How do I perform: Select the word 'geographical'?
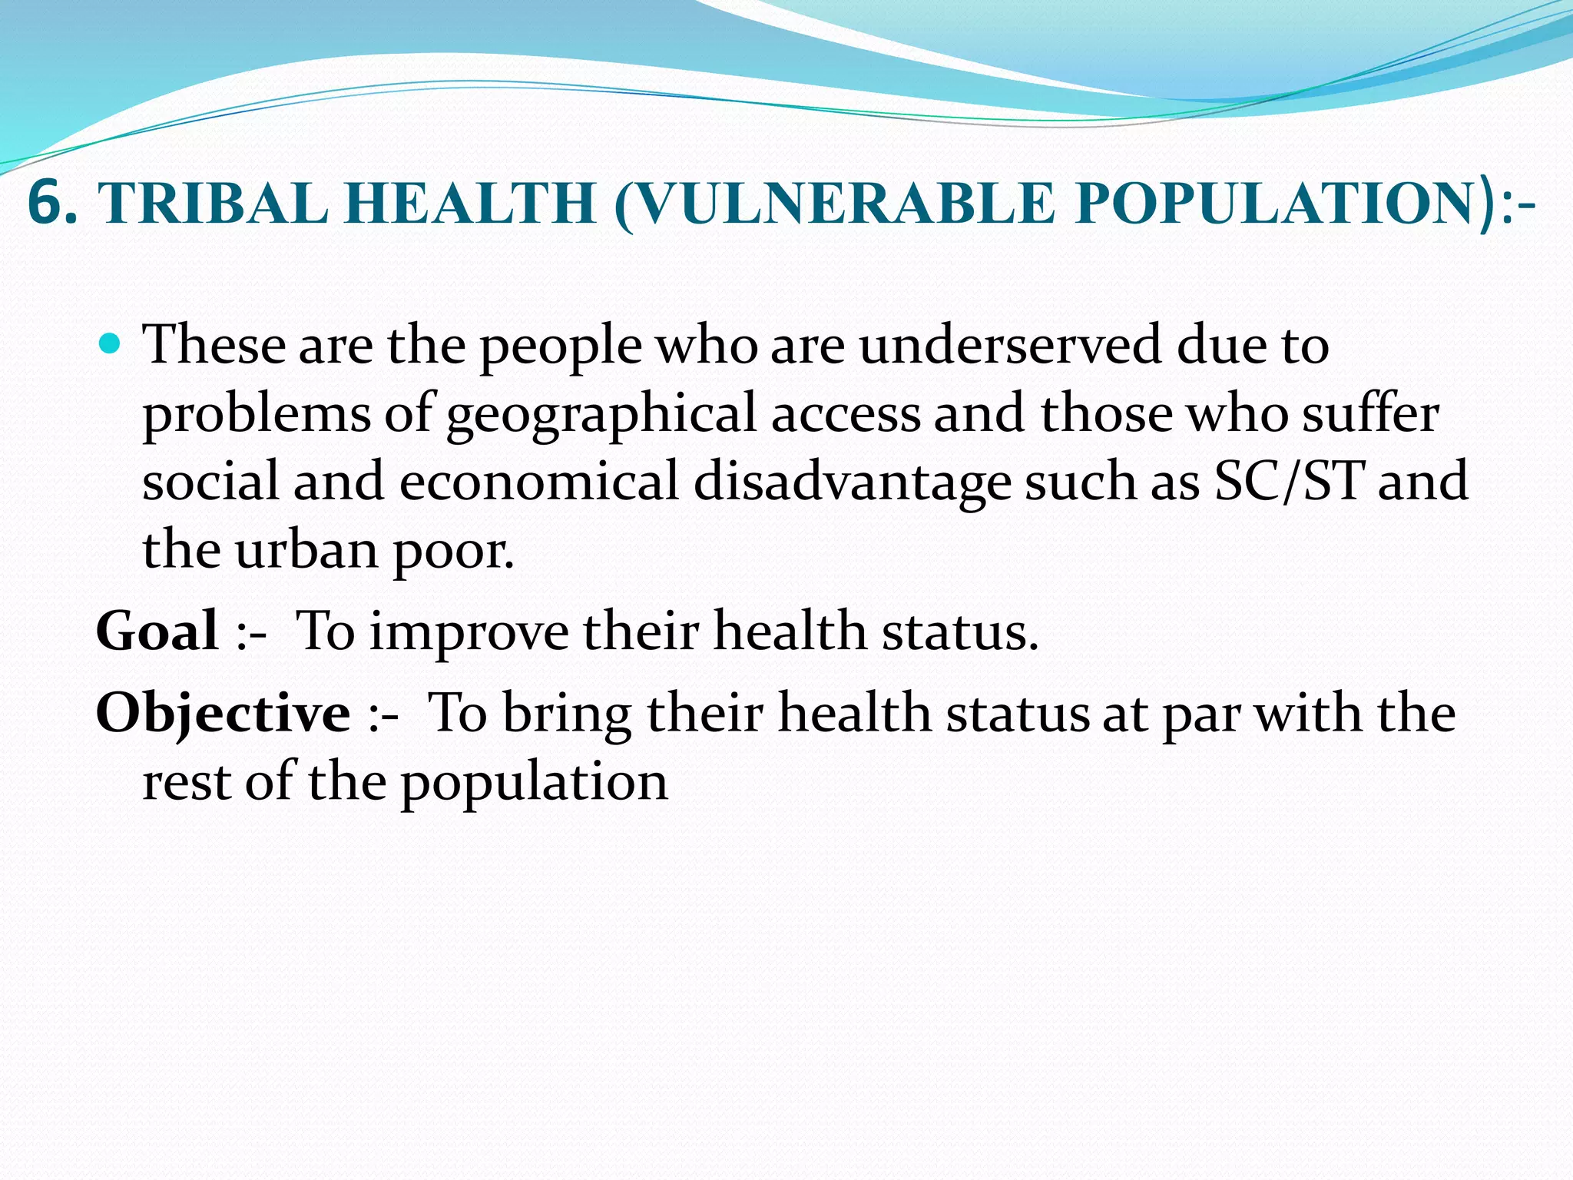point(602,415)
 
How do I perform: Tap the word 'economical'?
point(538,482)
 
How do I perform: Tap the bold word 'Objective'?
point(223,714)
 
